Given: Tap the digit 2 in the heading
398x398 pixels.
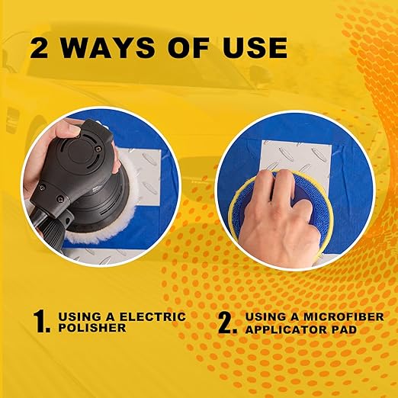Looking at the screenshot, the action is pos(39,48).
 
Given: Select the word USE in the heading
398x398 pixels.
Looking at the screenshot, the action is pos(255,48).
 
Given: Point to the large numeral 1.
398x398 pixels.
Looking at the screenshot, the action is pos(41,321).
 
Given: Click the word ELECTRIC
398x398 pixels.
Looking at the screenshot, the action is pos(152,316).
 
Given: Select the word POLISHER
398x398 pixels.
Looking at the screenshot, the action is pos(92,328).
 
